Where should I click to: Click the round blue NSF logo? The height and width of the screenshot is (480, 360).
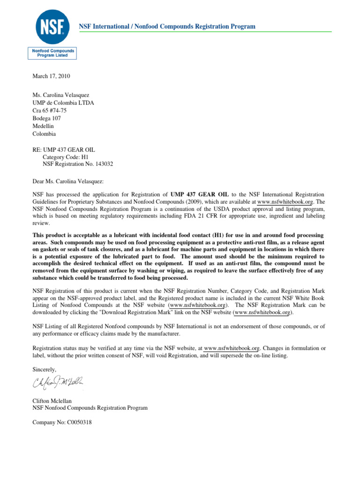(52, 26)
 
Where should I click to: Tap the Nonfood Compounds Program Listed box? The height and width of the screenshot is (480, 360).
(52, 52)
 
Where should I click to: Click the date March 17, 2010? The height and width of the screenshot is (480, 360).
(51, 76)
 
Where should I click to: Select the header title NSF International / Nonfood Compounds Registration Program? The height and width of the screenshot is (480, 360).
(167, 26)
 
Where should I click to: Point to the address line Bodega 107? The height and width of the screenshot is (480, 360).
(46, 118)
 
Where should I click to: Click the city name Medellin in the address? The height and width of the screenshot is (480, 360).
(44, 126)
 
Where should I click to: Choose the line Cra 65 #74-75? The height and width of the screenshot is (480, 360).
(50, 111)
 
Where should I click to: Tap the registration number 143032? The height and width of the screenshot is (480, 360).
(102, 164)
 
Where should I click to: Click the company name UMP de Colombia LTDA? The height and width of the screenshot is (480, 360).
(63, 103)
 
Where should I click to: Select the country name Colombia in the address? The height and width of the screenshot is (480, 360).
(44, 134)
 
